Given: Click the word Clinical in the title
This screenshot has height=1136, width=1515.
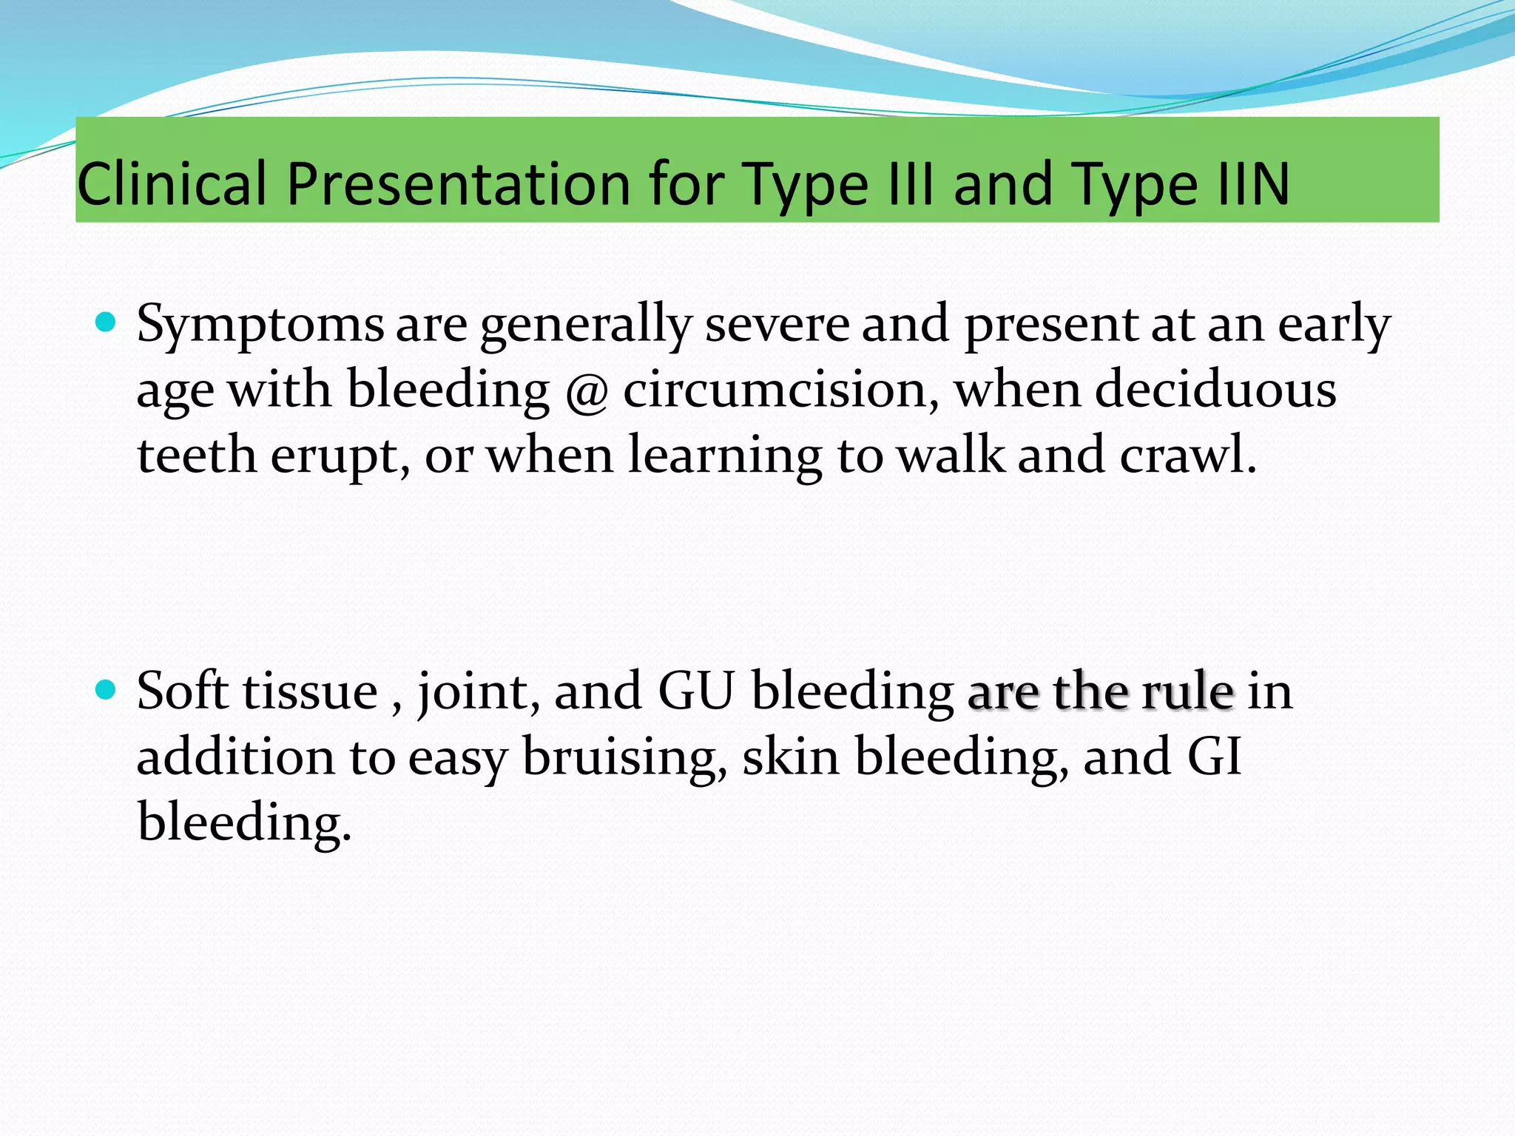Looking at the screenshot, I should pyautogui.click(x=172, y=183).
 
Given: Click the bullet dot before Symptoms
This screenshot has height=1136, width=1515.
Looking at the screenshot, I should pyautogui.click(x=107, y=322).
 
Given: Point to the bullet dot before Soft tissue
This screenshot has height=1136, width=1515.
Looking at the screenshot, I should pyautogui.click(x=107, y=690).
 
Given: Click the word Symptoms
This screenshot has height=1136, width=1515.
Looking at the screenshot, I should pyautogui.click(x=260, y=325).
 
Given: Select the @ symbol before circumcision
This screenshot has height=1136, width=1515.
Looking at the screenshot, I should pyautogui.click(x=587, y=391).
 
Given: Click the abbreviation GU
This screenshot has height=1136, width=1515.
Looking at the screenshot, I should pyautogui.click(x=695, y=691).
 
